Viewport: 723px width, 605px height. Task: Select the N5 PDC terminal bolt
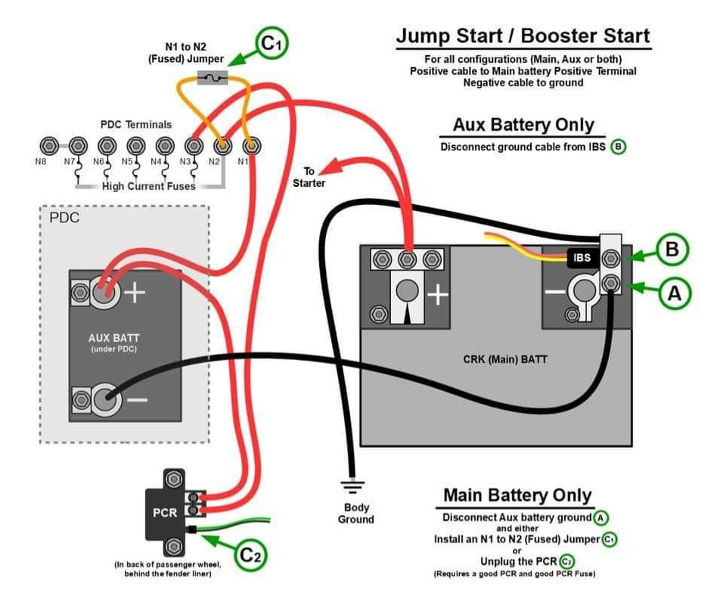pyautogui.click(x=135, y=144)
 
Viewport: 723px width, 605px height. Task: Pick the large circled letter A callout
pyautogui.click(x=672, y=293)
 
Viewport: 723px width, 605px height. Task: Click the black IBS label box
pyautogui.click(x=582, y=258)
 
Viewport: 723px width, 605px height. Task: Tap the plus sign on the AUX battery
pyautogui.click(x=135, y=293)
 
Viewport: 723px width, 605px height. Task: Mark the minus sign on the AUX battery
pyautogui.click(x=137, y=399)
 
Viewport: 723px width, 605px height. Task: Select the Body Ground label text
pyautogui.click(x=355, y=513)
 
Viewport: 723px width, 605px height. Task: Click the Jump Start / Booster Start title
pyautogui.click(x=523, y=36)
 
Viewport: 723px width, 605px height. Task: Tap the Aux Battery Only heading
pyautogui.click(x=523, y=125)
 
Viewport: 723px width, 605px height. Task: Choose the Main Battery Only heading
pyautogui.click(x=517, y=495)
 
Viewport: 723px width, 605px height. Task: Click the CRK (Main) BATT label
pyautogui.click(x=504, y=359)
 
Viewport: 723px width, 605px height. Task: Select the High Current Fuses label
pyautogui.click(x=149, y=186)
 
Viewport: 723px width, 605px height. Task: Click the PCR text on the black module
pyautogui.click(x=165, y=513)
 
